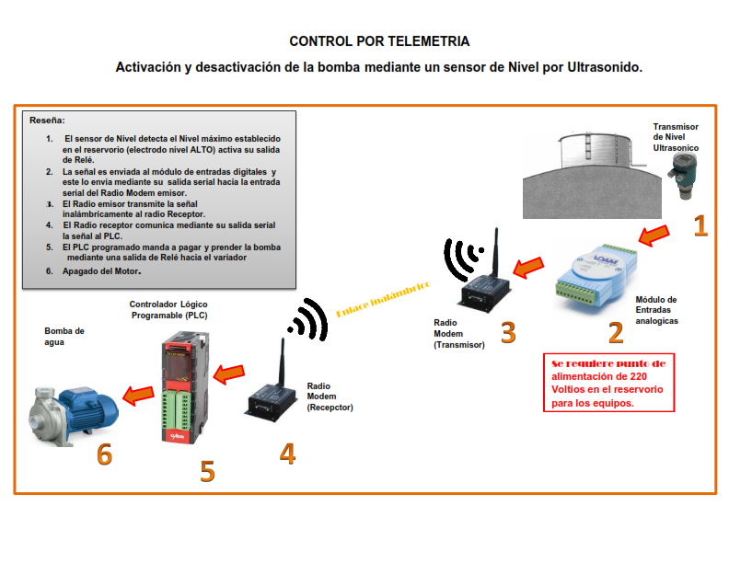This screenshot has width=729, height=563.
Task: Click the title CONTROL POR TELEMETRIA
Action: (x=379, y=41)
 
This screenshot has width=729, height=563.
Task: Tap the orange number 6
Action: (x=105, y=454)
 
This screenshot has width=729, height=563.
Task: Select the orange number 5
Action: (x=208, y=471)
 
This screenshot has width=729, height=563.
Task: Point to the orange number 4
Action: (x=288, y=453)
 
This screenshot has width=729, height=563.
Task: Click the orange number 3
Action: (x=507, y=331)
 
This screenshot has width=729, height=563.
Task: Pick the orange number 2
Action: (x=616, y=330)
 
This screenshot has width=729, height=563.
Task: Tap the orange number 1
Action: (x=700, y=225)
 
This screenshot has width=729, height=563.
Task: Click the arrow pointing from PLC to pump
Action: (x=138, y=395)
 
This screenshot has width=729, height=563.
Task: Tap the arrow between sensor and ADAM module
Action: (x=654, y=236)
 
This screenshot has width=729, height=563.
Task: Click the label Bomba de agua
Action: (x=64, y=337)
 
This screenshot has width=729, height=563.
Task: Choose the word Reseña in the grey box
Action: (x=47, y=121)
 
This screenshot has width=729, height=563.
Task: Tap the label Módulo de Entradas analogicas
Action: (x=656, y=310)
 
